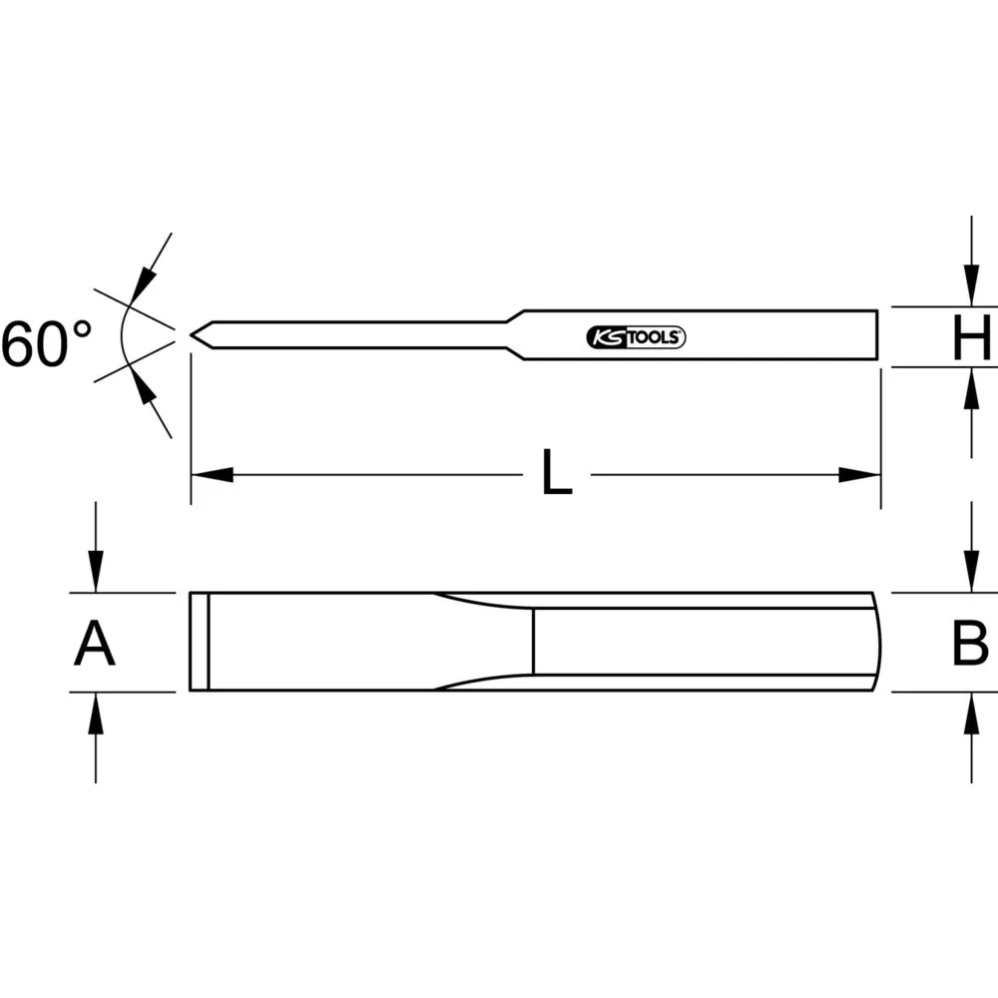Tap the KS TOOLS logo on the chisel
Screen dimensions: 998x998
634,337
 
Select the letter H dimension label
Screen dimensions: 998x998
970,338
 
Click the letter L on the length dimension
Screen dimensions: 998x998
557,473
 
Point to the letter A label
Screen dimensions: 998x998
95,643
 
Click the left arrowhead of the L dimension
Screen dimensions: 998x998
212,474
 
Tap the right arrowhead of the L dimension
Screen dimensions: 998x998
859,474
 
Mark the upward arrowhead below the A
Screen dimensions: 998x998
95,712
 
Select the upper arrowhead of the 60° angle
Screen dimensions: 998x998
143,283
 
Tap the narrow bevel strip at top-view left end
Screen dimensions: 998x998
199,642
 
